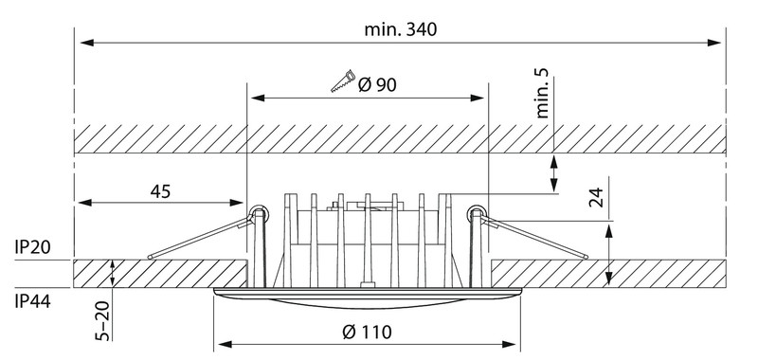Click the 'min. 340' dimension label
400,29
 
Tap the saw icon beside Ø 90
343,81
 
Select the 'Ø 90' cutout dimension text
377,85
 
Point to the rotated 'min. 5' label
542,93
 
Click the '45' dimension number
160,191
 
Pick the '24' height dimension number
597,197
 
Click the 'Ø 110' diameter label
367,332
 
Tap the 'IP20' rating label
32,247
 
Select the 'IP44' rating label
32,302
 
